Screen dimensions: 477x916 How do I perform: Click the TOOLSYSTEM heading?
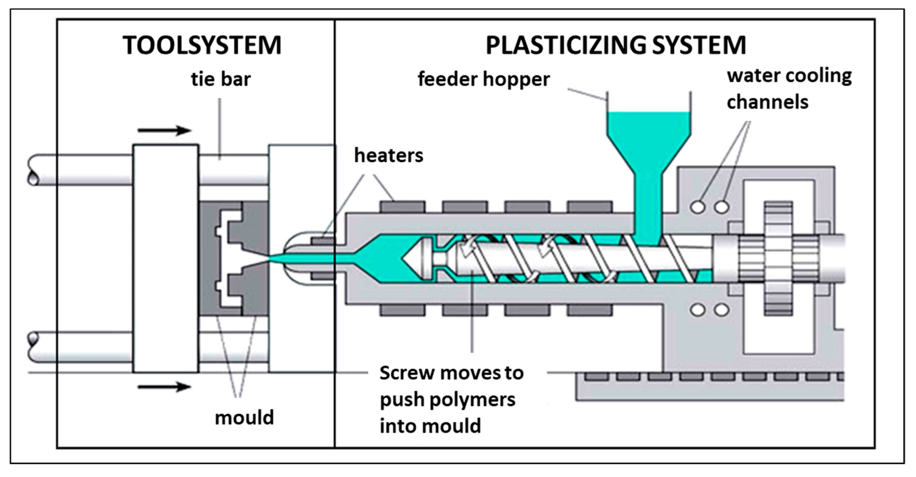click(202, 45)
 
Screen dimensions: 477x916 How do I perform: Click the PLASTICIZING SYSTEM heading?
click(616, 45)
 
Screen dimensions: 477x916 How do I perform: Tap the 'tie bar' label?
click(220, 79)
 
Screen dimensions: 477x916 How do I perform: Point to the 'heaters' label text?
click(388, 155)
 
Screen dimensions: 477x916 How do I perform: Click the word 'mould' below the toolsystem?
click(244, 417)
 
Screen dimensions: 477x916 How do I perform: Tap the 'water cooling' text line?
click(789, 76)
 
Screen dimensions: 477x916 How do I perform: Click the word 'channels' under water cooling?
click(767, 102)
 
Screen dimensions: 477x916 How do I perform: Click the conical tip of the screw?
click(413, 259)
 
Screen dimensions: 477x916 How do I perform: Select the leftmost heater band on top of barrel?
click(402, 207)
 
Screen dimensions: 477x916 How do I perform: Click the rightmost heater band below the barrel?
click(590, 310)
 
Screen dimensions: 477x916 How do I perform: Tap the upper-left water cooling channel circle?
click(698, 207)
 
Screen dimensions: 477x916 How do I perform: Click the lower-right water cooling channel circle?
click(721, 310)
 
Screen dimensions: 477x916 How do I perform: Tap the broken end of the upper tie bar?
click(33, 170)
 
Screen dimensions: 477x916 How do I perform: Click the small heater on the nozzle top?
click(322, 241)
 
